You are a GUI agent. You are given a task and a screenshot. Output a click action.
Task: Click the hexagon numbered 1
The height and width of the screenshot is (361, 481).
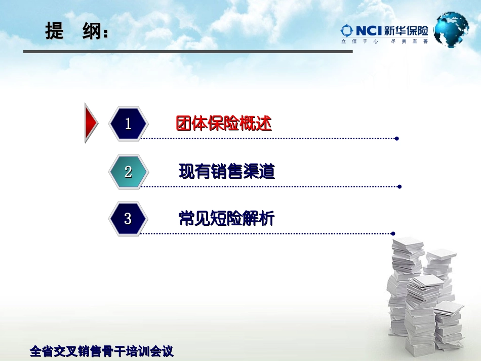coord(128,124)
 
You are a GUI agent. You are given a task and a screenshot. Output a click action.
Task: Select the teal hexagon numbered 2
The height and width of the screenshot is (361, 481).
coord(128,172)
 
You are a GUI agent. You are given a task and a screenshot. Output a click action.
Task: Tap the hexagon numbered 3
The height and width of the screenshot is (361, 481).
coord(128,219)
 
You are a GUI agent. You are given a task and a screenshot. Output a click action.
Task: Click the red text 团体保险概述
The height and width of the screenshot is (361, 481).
coord(224,124)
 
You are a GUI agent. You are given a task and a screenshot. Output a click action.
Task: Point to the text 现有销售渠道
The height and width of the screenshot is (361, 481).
coord(226,172)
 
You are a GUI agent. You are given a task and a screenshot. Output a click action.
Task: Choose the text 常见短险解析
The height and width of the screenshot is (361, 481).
coord(226,219)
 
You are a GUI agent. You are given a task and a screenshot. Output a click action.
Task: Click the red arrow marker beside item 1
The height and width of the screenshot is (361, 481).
coord(91,123)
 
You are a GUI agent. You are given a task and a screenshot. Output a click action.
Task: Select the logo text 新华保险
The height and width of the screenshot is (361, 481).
coord(406,31)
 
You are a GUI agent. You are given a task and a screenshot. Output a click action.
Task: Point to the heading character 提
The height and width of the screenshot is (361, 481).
coord(54,32)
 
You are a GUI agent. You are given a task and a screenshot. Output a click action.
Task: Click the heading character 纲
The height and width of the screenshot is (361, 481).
coord(92,32)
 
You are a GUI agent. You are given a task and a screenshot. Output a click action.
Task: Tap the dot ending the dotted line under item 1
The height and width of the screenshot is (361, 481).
coord(396,138)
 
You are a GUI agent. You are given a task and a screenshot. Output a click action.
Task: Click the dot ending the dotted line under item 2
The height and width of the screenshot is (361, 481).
coord(399,186)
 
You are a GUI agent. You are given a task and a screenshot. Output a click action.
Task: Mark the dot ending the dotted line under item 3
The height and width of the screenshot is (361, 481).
coord(393,233)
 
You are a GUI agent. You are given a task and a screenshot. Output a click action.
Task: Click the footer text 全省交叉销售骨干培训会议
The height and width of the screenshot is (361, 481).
coord(102,351)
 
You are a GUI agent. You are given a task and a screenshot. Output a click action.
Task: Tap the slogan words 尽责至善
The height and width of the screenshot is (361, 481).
coord(409,42)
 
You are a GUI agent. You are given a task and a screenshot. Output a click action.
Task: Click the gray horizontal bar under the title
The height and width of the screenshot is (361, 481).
coord(187,52)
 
